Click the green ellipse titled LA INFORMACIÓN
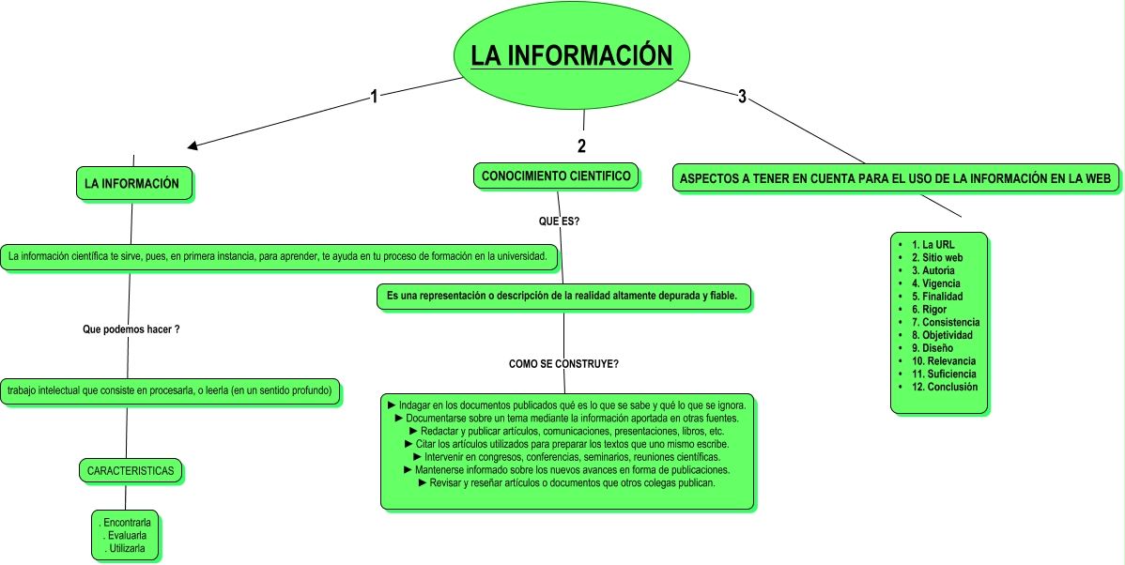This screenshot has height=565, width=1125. (572, 56)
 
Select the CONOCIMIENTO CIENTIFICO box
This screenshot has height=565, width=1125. (556, 176)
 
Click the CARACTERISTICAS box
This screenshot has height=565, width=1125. (131, 471)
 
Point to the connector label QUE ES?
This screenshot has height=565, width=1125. (558, 221)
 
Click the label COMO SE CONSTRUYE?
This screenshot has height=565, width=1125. (563, 363)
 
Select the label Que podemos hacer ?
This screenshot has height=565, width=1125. (131, 329)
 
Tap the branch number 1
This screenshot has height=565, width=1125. (374, 97)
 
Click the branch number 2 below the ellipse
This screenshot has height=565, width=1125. (581, 145)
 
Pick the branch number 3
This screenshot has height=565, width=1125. (742, 97)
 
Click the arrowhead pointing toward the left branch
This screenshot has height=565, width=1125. (193, 145)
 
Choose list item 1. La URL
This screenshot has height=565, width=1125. (932, 244)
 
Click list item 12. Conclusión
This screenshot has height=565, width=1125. (944, 387)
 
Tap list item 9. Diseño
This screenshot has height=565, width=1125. (937, 348)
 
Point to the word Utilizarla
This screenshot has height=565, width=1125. (127, 549)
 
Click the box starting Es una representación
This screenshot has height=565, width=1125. (563, 296)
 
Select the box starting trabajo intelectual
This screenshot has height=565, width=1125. (170, 390)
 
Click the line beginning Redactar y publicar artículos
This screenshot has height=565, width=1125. (567, 431)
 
